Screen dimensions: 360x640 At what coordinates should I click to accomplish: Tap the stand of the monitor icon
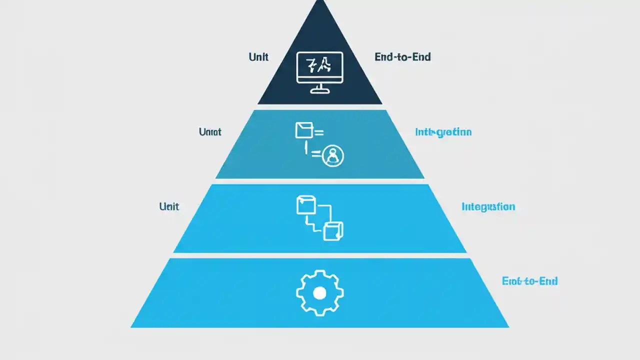pos(320,89)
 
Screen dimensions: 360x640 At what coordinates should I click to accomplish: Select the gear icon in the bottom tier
pos(320,292)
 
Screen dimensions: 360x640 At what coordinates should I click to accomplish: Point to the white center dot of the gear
pos(320,293)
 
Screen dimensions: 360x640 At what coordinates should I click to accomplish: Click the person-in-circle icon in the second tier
pos(333,156)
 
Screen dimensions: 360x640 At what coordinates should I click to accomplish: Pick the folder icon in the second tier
pos(303,130)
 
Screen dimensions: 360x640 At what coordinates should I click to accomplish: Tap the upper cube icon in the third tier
pos(306,205)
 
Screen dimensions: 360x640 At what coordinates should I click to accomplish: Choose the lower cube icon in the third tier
pos(333,230)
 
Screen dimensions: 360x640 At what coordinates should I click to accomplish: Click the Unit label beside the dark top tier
pos(258,57)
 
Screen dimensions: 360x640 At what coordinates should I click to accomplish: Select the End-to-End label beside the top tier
pos(402,57)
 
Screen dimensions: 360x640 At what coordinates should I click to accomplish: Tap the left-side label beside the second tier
pos(210,132)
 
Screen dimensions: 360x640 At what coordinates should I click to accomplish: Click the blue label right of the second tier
pos(443,132)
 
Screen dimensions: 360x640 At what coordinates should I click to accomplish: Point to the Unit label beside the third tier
pos(169,206)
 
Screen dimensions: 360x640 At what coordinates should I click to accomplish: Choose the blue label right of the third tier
pos(488,206)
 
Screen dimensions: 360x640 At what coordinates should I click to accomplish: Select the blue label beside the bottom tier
pos(529,281)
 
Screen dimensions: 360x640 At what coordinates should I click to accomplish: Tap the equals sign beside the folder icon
pos(318,132)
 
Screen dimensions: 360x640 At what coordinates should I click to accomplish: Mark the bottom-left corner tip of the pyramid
pos(131,327)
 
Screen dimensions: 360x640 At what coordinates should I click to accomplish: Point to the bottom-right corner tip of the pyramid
pos(508,327)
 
